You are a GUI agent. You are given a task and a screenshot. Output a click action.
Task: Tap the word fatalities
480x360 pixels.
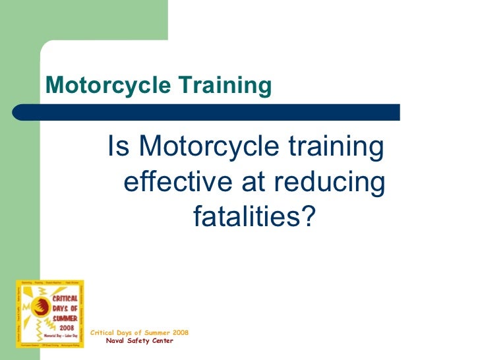[x=245, y=216]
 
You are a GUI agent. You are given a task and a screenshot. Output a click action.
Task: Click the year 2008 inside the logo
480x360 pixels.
[x=65, y=326]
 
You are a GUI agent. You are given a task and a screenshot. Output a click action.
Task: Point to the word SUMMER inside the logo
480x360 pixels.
[x=65, y=318]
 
